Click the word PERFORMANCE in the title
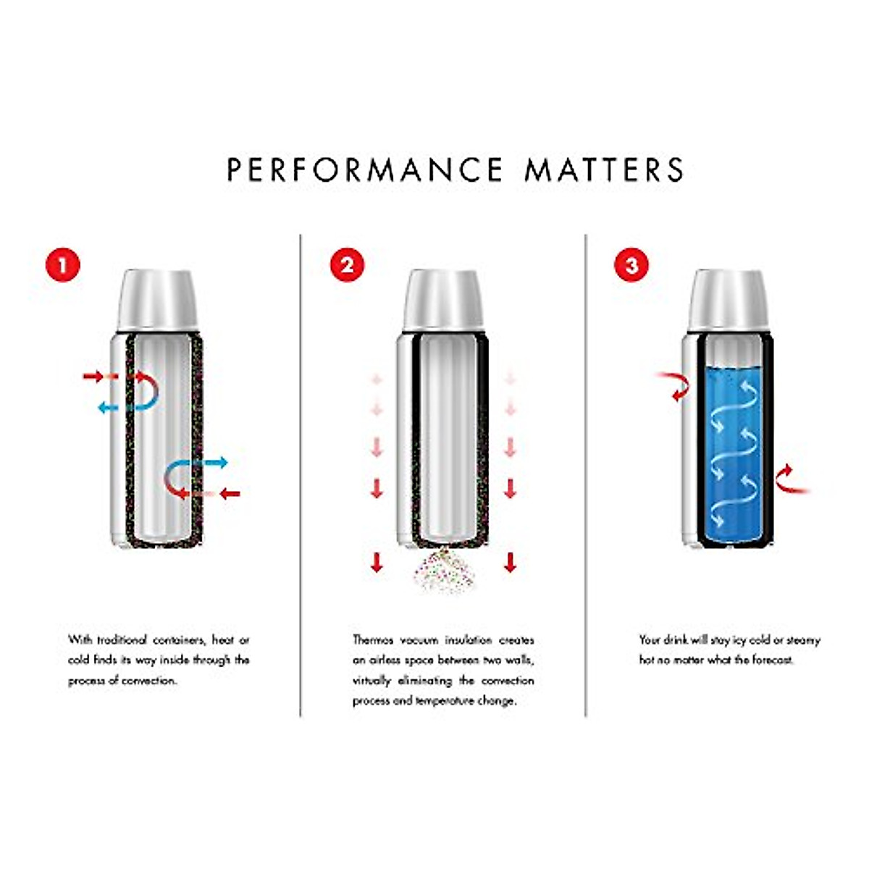364,169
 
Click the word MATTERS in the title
604,169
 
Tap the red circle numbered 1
63,265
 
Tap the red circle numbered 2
348,265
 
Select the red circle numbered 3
631,265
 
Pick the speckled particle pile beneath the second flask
443,572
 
